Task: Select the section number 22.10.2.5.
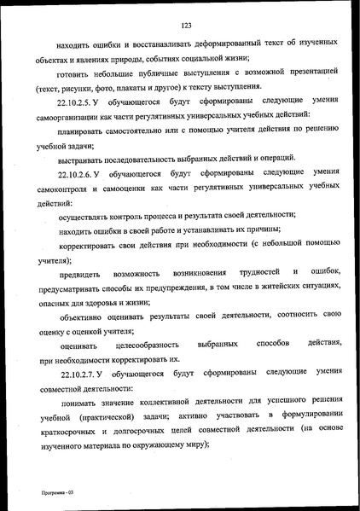coord(81,102)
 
